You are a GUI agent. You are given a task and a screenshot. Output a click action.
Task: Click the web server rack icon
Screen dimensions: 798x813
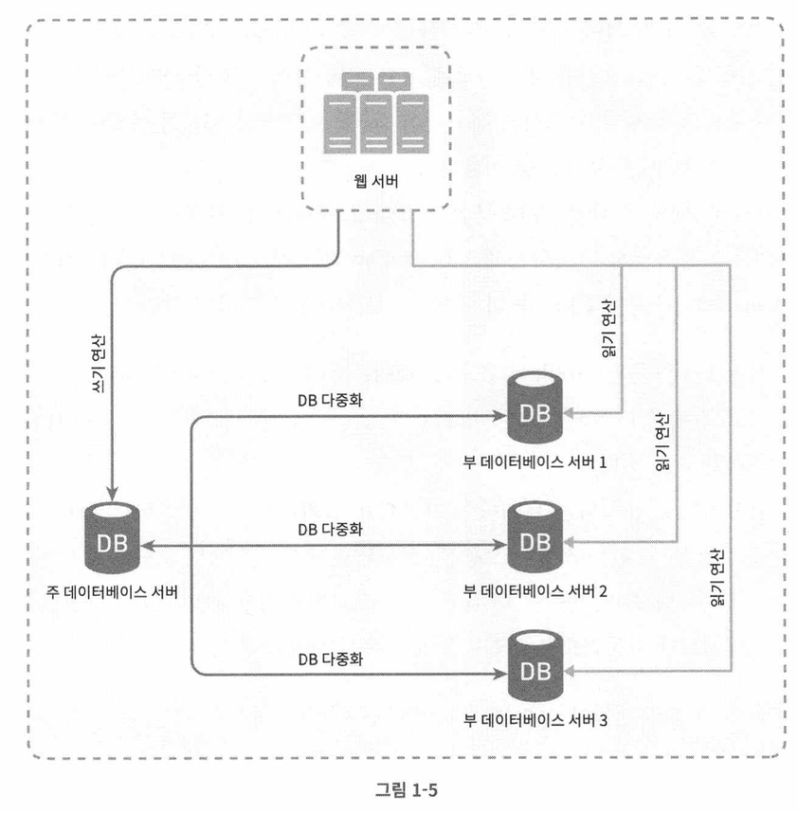tap(376, 113)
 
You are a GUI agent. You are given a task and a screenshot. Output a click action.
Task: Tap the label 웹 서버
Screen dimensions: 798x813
tap(376, 181)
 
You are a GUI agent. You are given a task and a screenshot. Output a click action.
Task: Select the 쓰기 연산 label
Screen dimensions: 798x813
tap(99, 363)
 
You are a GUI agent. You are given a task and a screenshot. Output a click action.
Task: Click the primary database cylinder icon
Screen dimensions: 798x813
tap(112, 537)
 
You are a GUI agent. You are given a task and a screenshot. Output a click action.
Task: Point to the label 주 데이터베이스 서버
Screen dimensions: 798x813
tap(112, 591)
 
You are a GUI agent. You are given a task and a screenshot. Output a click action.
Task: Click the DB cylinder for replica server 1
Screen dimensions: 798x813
tap(535, 407)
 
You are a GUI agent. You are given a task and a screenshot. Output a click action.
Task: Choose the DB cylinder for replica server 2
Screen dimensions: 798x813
tap(535, 536)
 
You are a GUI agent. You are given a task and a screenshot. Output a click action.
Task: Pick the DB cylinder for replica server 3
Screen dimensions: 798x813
tap(535, 666)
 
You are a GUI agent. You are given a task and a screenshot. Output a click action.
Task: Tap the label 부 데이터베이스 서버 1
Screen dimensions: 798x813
tap(535, 462)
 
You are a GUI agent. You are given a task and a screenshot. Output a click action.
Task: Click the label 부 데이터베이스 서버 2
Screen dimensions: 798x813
tap(535, 591)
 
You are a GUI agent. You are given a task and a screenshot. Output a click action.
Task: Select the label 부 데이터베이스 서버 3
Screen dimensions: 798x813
tap(535, 720)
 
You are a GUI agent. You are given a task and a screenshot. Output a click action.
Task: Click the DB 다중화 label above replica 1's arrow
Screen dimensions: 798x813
tap(330, 400)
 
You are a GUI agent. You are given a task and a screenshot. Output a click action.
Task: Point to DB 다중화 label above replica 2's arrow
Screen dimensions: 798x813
tap(330, 530)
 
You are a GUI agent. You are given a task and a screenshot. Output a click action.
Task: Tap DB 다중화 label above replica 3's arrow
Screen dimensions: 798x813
tap(331, 659)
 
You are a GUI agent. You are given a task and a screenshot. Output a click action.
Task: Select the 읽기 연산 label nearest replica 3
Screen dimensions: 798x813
tap(716, 577)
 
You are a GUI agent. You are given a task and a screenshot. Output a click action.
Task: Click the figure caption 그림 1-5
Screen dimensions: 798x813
tap(407, 789)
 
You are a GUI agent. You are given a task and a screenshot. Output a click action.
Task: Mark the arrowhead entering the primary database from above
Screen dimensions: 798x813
tap(112, 495)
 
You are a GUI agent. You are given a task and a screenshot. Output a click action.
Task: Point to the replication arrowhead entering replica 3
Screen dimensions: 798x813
tap(499, 675)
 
